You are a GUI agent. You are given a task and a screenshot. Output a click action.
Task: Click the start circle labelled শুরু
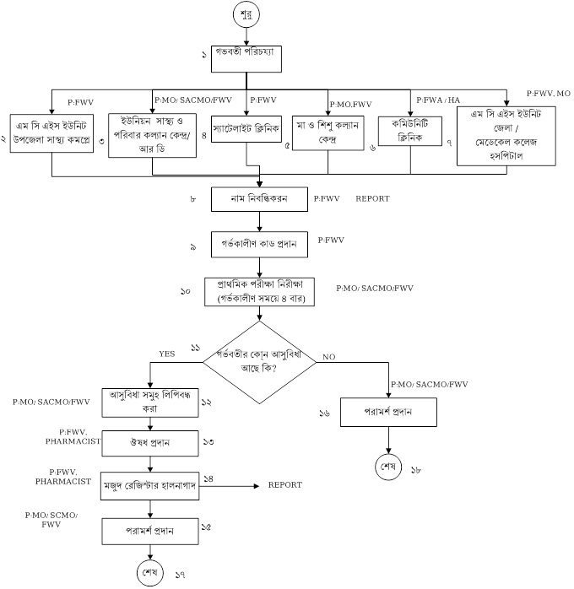[x=246, y=15]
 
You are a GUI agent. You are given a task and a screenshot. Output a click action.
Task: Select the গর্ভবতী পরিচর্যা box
[x=246, y=58]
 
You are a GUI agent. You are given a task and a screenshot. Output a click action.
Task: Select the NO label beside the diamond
[x=329, y=358]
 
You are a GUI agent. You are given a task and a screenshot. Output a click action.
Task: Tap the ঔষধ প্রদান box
[x=150, y=441]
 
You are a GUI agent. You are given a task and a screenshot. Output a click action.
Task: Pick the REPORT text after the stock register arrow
[x=284, y=485]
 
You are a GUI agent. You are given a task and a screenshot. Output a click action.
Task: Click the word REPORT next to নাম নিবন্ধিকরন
[x=373, y=199]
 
